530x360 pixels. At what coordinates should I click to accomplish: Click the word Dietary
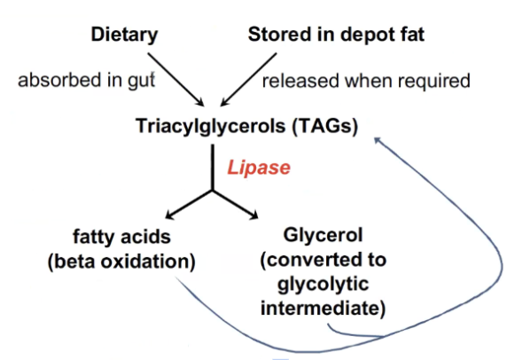coord(124,35)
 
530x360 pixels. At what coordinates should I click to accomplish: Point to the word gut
coord(142,81)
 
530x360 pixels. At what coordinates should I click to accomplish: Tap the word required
coord(434,81)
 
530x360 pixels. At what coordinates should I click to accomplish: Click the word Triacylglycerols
coord(210,127)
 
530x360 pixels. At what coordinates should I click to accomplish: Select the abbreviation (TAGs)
coord(325,126)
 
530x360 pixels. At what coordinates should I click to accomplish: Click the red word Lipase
coord(259,168)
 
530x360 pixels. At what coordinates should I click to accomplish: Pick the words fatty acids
coord(121,236)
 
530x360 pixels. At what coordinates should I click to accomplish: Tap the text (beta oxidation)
coord(121,262)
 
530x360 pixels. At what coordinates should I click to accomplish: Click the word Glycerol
coord(323,235)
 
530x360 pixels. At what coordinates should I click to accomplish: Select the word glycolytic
coord(323,285)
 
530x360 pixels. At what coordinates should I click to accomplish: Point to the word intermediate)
coord(323,309)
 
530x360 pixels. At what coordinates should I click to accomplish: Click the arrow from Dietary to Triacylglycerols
coord(175,80)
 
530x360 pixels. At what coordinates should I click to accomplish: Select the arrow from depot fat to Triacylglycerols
coord(248,80)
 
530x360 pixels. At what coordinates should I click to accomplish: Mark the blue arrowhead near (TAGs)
coord(378,140)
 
